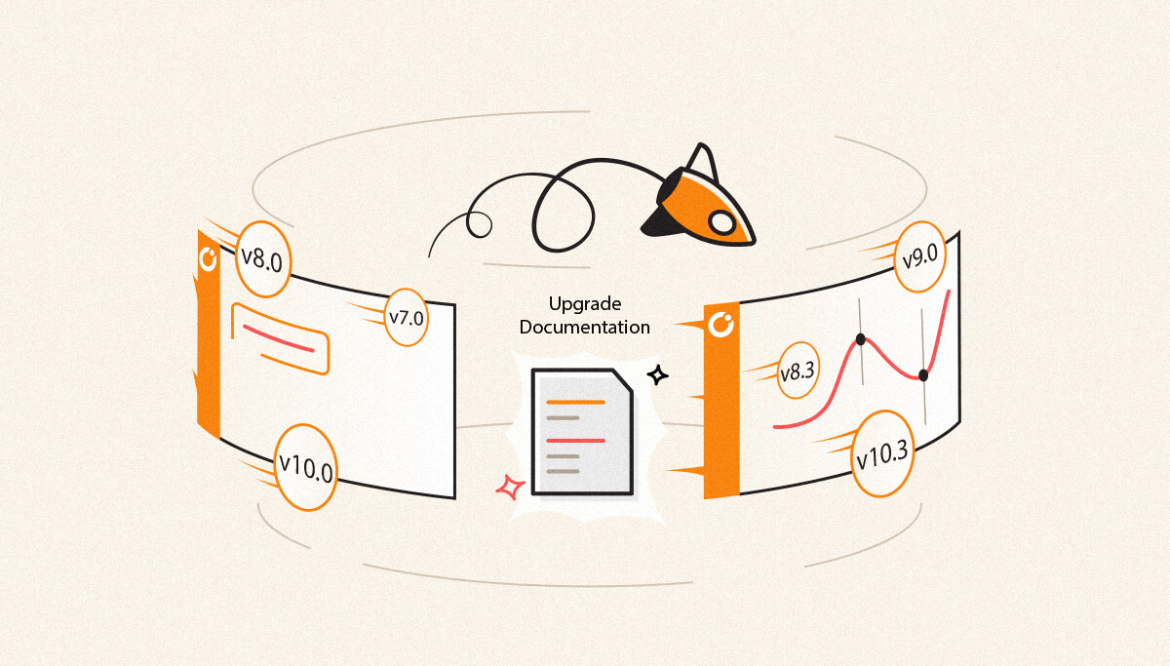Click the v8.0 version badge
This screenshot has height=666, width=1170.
point(262,259)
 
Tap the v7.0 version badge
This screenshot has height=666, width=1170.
point(407,317)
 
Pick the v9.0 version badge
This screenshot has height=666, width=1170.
point(920,257)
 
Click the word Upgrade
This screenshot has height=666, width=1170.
point(585,303)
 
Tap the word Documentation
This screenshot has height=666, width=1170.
point(585,328)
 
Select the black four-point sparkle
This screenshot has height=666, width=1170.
point(658,374)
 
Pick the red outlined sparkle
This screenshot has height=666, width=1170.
point(508,486)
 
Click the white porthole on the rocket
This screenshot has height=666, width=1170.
point(722,222)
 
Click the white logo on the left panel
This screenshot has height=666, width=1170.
point(208,258)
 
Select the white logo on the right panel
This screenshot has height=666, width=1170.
point(721,326)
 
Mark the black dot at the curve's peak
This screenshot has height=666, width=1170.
point(860,339)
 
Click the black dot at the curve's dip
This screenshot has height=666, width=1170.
point(923,374)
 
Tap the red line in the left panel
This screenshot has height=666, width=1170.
point(279,339)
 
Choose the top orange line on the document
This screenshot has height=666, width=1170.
point(576,401)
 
